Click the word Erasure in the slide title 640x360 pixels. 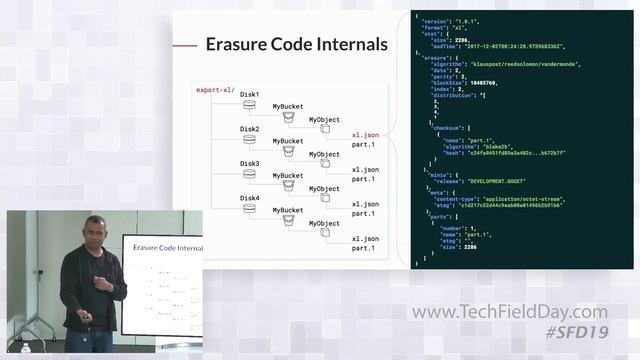tap(238, 44)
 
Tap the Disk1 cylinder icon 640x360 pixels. tap(249, 105)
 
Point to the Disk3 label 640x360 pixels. tap(249, 163)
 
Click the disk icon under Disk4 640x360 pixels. tap(249, 209)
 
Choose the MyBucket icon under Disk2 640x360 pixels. tap(288, 152)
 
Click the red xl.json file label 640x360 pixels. tap(365, 134)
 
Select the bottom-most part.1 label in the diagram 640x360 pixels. tap(365, 250)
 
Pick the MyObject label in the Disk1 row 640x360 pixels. tap(324, 119)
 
